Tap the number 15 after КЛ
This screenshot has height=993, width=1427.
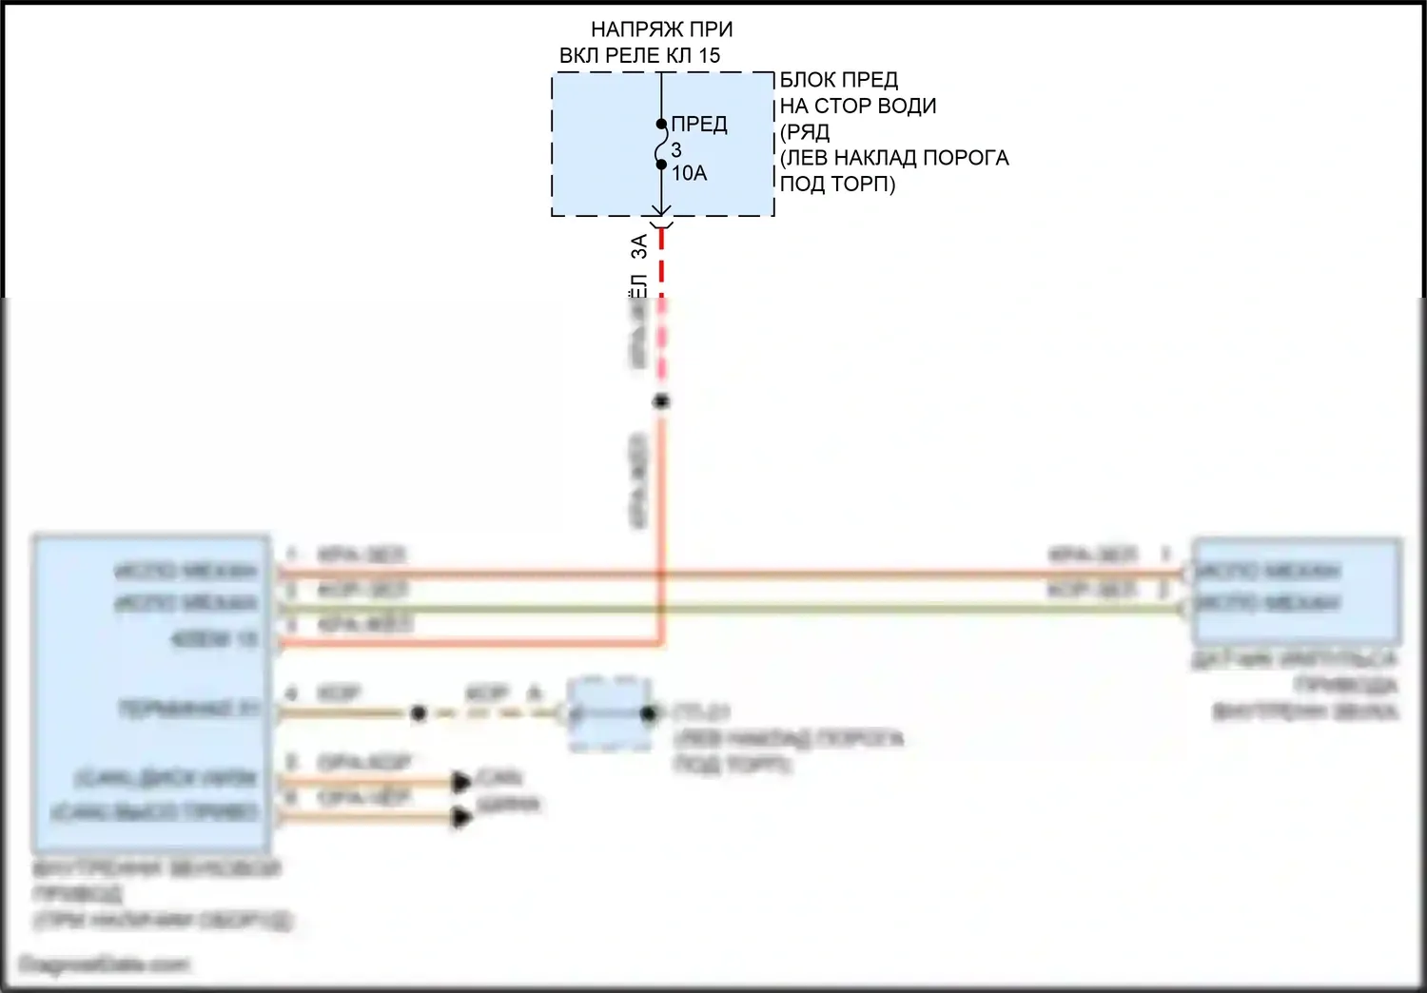pos(710,55)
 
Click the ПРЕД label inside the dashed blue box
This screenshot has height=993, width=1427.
pos(699,125)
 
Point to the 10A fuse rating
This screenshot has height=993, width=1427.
pos(689,173)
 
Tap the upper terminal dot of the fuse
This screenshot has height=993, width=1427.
pos(661,124)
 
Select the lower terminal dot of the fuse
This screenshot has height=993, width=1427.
pos(661,165)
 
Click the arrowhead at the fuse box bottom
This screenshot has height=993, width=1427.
pos(661,210)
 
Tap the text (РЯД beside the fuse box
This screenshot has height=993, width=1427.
pos(805,132)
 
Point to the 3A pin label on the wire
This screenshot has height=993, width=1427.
pos(639,245)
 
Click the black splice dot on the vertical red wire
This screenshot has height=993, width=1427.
pos(661,401)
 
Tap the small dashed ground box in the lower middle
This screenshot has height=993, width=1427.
pos(609,713)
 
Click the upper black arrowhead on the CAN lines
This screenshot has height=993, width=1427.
pos(462,783)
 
